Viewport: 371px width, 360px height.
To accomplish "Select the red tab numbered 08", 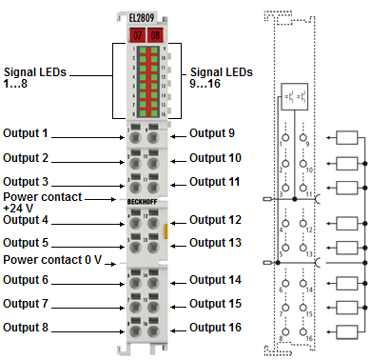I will pos(157,34).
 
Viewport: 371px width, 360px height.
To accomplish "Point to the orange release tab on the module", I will pos(167,230).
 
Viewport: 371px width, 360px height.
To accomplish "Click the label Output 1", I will pos(39,133).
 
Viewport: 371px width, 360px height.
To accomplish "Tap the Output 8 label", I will pos(39,327).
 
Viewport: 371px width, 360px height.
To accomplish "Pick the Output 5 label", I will pos(39,242).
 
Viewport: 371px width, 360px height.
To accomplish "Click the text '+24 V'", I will pos(19,208).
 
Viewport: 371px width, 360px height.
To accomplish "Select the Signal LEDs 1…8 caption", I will pos(38,77).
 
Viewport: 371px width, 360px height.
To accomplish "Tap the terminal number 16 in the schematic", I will pos(306,336).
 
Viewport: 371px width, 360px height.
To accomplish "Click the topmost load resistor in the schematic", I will pos(346,139).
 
